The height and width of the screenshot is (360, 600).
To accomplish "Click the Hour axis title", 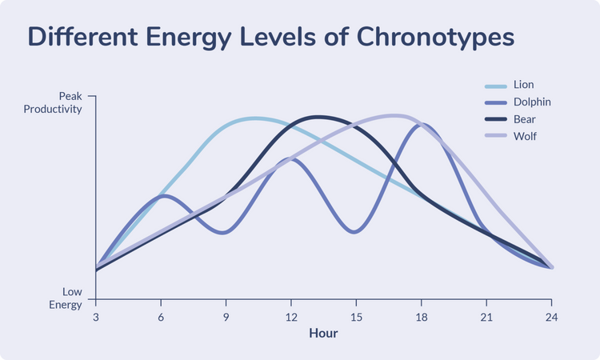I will point(323,333).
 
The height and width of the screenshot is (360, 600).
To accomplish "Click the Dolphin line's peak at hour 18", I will point(422,125).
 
